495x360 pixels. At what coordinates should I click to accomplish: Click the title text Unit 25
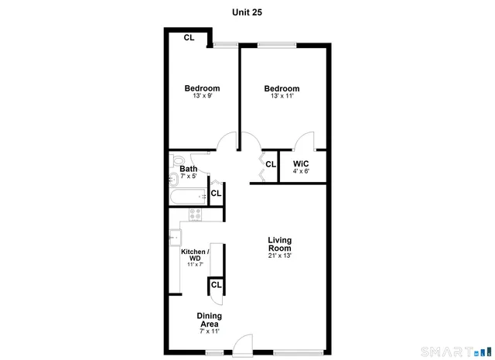point(248,12)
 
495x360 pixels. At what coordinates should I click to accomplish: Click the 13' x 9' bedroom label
point(202,88)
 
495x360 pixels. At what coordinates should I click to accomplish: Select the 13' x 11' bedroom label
point(282,88)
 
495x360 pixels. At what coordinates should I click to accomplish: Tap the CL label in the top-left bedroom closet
point(189,37)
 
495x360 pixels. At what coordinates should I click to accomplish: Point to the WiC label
point(301,164)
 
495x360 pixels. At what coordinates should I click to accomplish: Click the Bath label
point(188,169)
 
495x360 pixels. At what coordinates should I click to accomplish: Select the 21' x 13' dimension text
point(279,255)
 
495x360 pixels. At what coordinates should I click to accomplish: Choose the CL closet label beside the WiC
point(271,164)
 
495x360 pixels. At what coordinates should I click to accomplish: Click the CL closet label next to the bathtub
point(216,193)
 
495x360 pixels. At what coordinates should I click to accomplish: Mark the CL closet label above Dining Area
point(216,285)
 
